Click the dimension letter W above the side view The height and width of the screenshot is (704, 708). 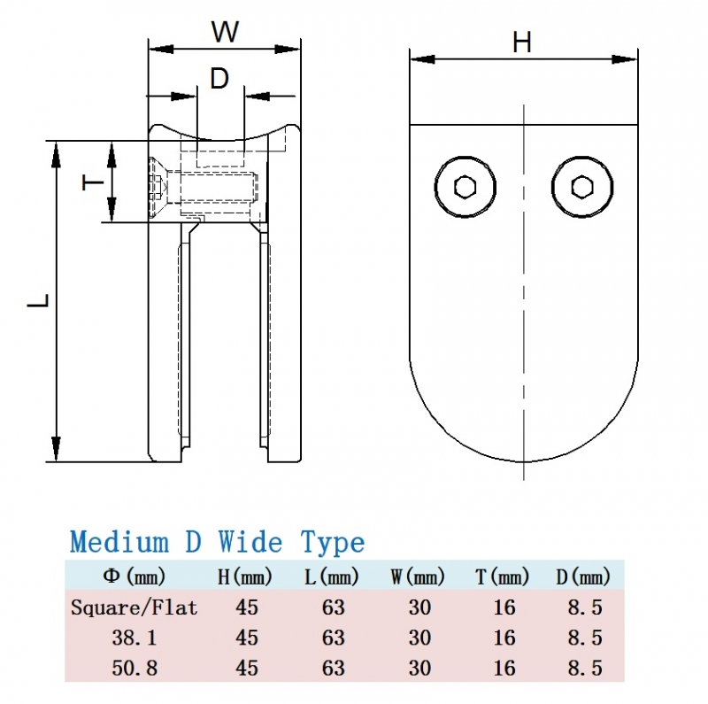[225, 32]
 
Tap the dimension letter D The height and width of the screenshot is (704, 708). [219, 79]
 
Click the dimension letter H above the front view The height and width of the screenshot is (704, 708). [522, 42]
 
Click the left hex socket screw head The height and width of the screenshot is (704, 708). [465, 187]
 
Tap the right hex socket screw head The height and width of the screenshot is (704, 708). [581, 187]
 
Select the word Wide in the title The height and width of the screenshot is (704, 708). [251, 542]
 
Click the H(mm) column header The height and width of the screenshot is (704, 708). [245, 578]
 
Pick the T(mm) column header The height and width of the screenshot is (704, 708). [503, 578]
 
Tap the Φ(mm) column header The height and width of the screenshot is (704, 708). [135, 578]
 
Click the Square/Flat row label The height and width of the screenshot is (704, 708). [135, 608]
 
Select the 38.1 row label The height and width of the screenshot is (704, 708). [135, 638]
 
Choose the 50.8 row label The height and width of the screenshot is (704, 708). [135, 666]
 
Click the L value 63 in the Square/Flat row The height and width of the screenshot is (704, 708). [333, 608]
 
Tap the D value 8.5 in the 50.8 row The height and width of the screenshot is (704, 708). [584, 666]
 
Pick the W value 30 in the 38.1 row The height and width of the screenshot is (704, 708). [419, 638]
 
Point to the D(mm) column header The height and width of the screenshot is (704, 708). [584, 578]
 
